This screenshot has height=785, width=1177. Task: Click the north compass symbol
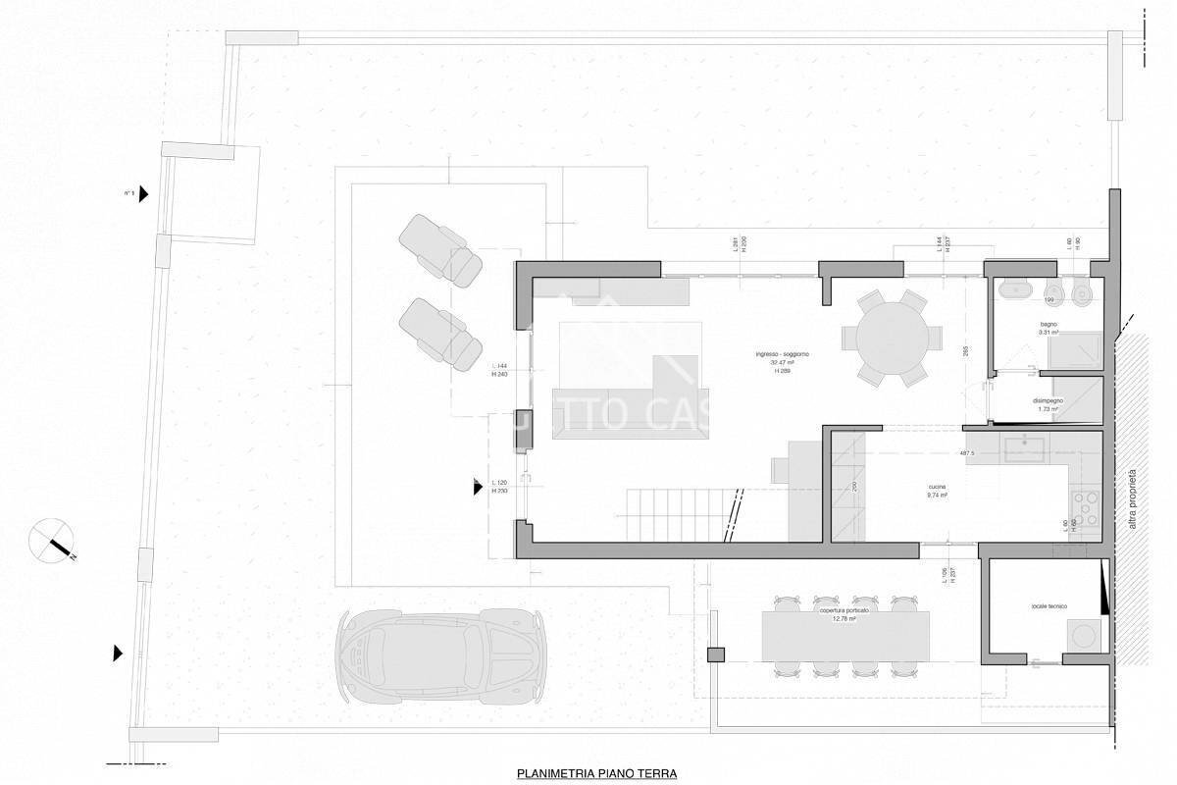(54, 539)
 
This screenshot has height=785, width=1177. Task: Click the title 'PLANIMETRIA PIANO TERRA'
(596, 773)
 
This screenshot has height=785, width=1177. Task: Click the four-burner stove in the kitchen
(1085, 510)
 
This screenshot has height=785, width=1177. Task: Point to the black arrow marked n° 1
(143, 194)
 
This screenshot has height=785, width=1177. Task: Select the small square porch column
(715, 654)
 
